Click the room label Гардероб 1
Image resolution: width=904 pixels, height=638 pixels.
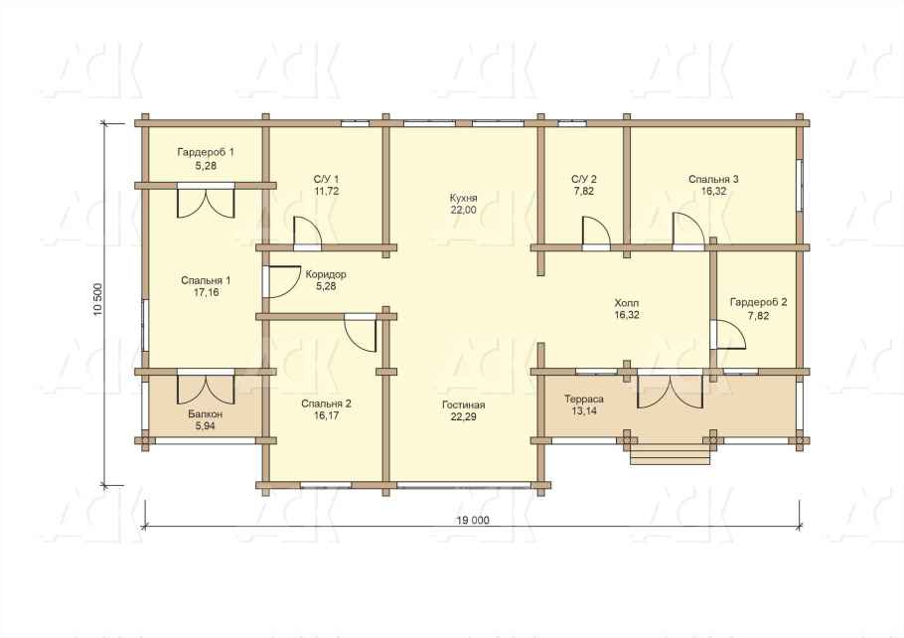tap(206, 153)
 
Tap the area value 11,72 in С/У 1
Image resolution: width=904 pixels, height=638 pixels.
tap(326, 191)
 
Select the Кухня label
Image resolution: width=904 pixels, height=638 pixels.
tap(464, 199)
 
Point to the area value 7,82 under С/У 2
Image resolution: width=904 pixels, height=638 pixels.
tap(584, 191)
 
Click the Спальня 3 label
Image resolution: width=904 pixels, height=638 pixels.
tap(713, 180)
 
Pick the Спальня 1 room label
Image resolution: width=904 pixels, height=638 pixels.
tap(206, 281)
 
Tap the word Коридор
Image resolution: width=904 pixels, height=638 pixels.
tap(326, 274)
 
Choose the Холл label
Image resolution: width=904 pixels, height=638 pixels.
tap(627, 303)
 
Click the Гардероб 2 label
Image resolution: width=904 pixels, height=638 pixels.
tap(758, 302)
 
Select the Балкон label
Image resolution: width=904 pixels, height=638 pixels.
tap(206, 414)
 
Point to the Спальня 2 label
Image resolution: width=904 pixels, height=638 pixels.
tap(326, 403)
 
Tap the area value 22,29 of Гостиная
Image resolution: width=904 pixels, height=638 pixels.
tap(464, 417)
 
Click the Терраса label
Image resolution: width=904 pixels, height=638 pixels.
tap(584, 399)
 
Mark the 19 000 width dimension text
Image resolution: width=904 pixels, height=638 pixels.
tap(473, 521)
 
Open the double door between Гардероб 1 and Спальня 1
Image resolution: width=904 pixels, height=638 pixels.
tap(206, 200)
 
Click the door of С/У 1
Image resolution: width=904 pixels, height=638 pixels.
tap(307, 233)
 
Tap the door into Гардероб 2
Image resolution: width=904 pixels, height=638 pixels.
tap(728, 334)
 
